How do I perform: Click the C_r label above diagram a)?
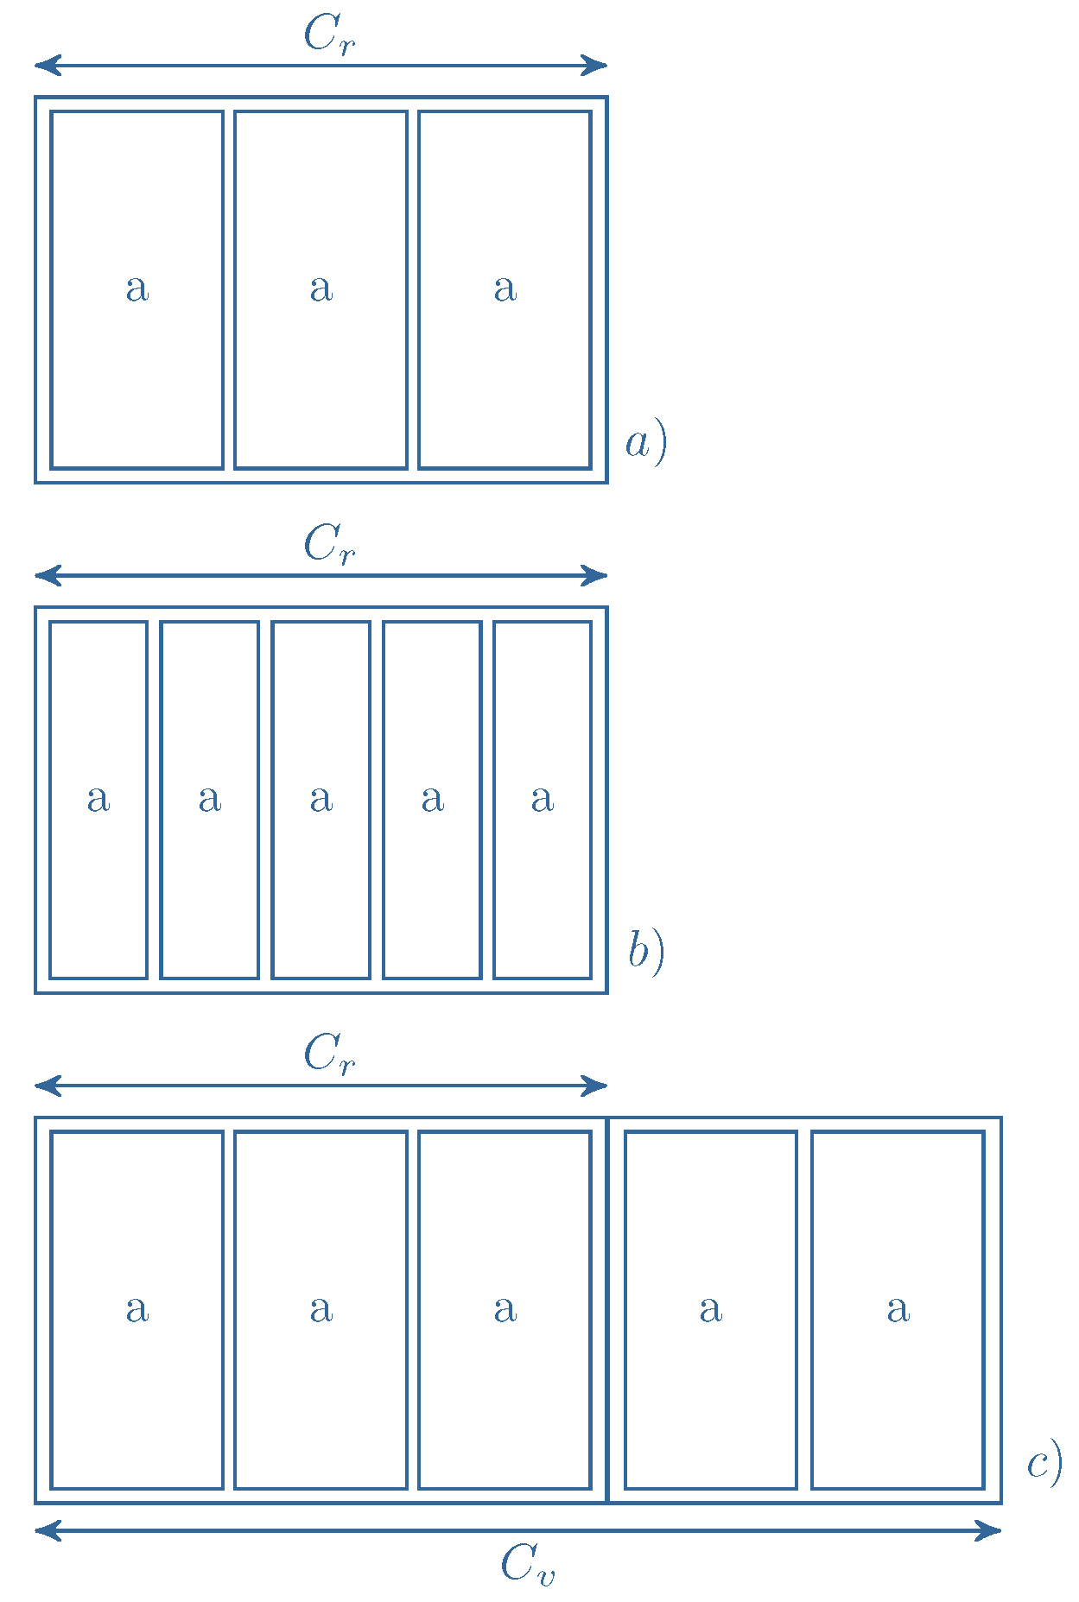click(329, 36)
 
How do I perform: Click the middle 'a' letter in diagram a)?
click(321, 288)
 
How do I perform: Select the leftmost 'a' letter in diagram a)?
click(137, 288)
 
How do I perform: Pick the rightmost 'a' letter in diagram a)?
click(505, 288)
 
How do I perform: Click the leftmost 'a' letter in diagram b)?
click(98, 799)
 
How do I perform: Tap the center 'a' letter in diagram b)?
click(321, 799)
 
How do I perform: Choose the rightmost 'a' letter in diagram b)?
click(543, 799)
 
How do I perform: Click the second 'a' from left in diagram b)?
click(210, 799)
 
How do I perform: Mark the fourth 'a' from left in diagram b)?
click(433, 799)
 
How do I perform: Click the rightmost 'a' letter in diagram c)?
click(898, 1309)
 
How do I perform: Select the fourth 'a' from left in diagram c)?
click(711, 1309)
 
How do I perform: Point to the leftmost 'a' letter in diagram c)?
click(137, 1309)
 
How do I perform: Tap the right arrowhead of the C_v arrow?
click(991, 1531)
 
